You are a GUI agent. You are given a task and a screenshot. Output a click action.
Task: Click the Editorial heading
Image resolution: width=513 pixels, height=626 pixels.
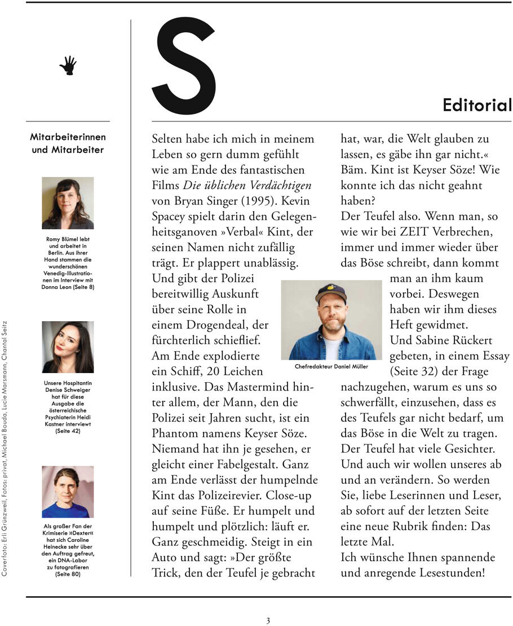[x=477, y=106]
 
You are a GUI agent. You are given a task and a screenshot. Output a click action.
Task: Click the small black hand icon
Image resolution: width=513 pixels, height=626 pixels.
[x=68, y=65]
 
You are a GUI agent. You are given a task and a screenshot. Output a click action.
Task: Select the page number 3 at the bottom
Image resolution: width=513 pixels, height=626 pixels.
[x=268, y=620]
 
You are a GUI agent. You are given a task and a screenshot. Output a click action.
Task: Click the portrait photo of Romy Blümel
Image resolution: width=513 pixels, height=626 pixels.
[x=68, y=203]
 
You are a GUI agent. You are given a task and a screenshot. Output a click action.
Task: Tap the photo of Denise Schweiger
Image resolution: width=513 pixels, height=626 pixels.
[x=68, y=347]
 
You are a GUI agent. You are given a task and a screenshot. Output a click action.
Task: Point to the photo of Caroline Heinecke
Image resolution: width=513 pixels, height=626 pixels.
[x=68, y=492]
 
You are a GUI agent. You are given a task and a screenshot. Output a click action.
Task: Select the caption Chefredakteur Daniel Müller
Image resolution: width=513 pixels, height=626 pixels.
[x=331, y=366]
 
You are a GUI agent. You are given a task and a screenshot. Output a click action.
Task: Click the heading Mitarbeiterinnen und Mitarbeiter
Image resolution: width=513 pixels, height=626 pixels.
[x=68, y=143]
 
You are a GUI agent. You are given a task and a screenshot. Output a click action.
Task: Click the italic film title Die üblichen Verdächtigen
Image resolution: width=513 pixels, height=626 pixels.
[x=247, y=185]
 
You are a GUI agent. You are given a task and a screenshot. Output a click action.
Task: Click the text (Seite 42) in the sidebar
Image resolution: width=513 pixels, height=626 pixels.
[x=68, y=431]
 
